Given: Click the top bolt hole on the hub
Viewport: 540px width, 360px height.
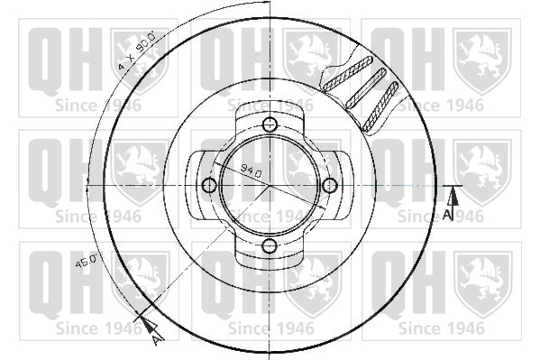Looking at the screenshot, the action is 270,125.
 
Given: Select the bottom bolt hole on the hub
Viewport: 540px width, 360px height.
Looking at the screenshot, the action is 270,245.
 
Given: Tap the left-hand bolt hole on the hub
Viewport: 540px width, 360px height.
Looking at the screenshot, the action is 209,186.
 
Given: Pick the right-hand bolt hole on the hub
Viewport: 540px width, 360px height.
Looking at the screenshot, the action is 330,186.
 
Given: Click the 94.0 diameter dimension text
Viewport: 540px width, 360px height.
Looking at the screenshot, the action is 251,170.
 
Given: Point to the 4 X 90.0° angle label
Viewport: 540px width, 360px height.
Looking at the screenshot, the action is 137,51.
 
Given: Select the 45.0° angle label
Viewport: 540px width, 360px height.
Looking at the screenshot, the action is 87,261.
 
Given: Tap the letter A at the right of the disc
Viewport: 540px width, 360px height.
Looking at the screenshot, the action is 446,215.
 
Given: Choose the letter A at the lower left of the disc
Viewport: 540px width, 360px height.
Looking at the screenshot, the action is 158,340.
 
